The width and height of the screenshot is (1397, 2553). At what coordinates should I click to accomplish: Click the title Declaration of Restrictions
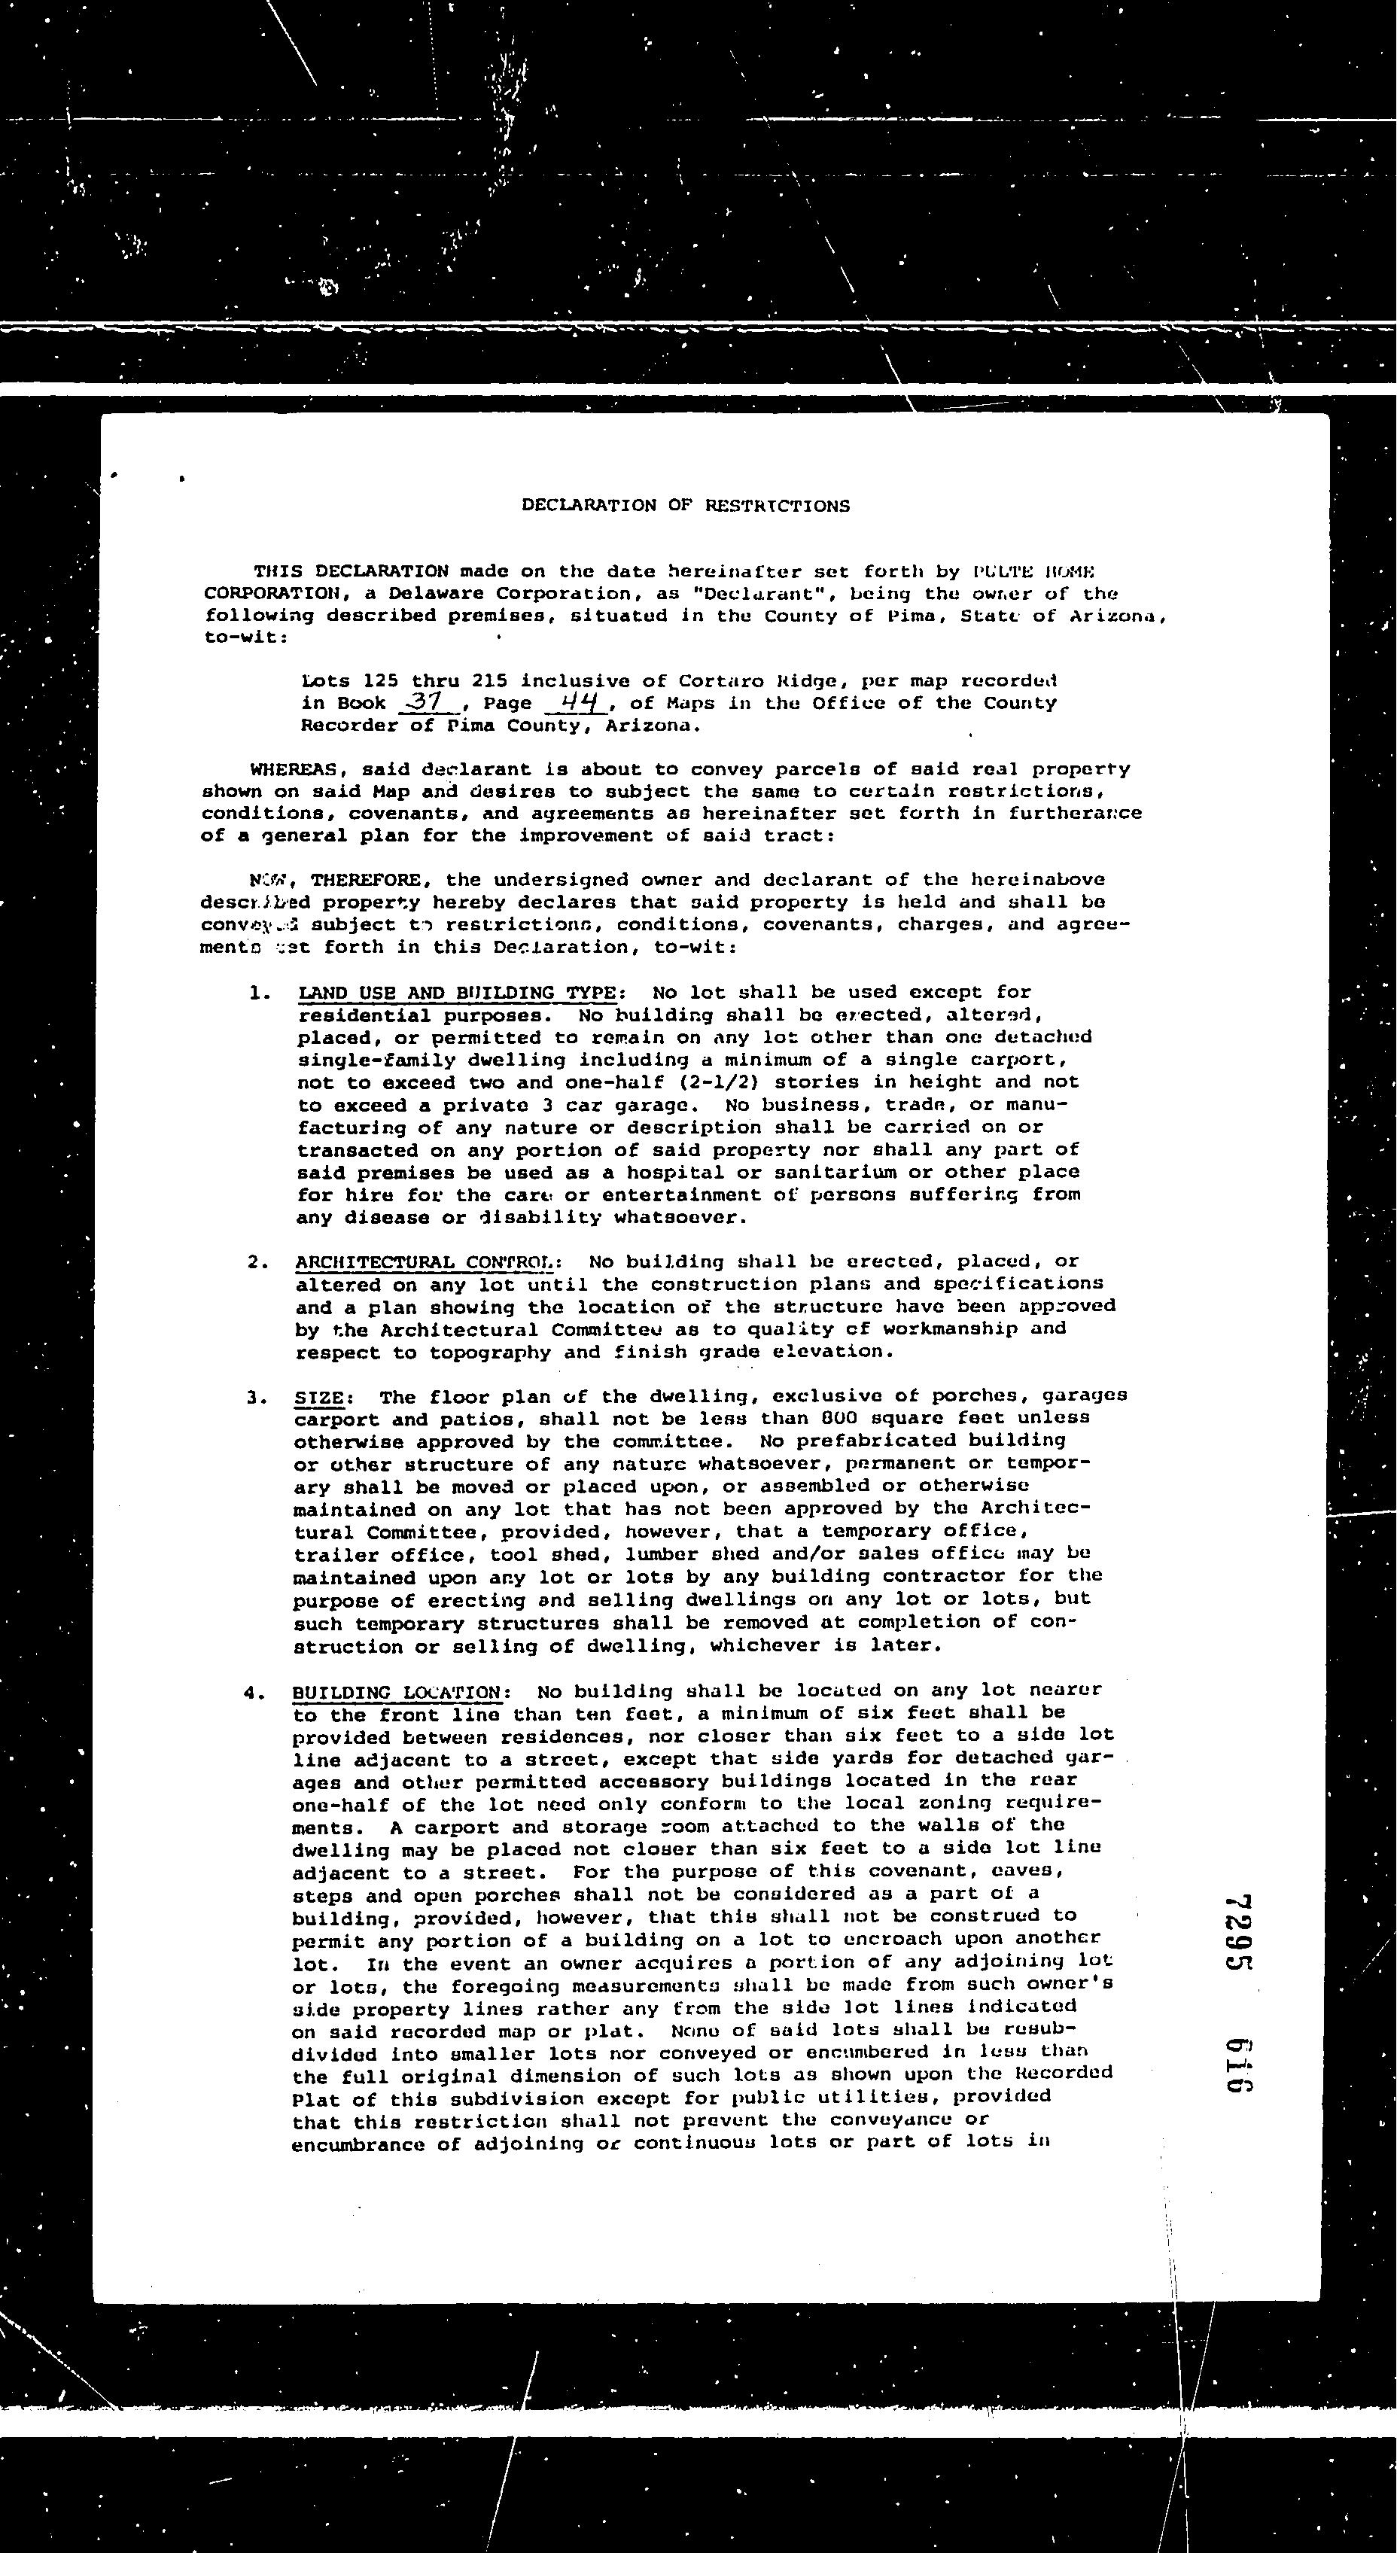point(686,506)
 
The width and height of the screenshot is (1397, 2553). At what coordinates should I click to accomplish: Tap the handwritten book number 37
point(425,701)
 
